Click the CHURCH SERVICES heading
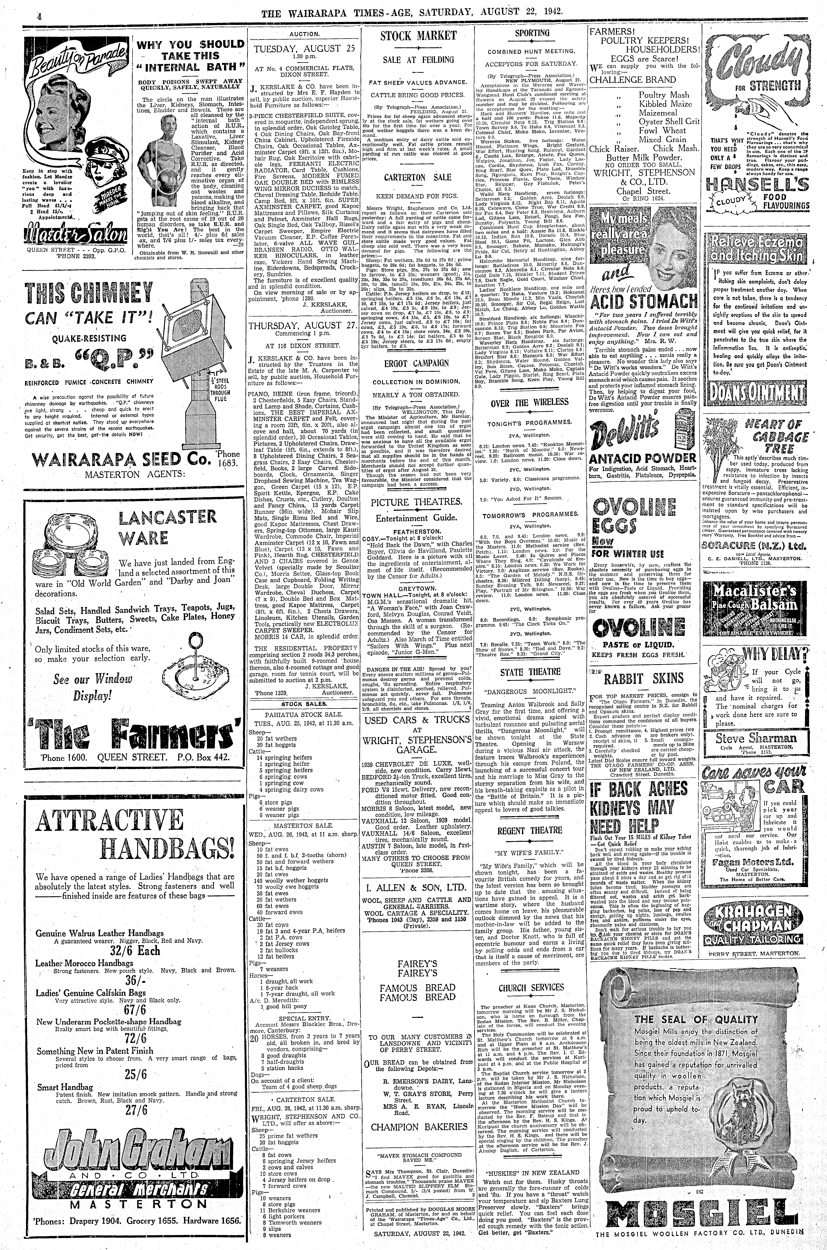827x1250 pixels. [x=531, y=987]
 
